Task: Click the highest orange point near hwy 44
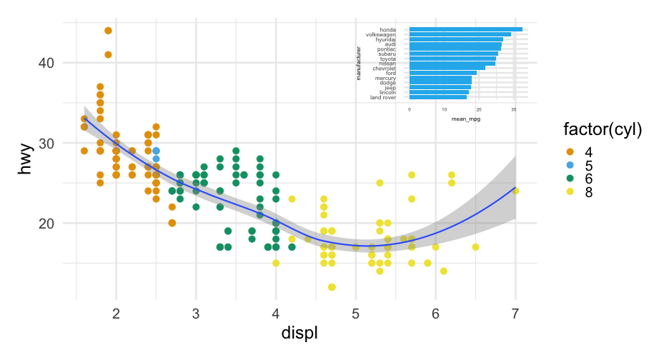click(108, 31)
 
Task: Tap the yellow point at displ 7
click(515, 191)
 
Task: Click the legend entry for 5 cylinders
click(570, 165)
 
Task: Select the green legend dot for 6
click(570, 179)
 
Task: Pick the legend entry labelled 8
click(570, 192)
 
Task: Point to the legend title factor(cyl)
click(602, 130)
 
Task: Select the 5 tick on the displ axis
click(355, 314)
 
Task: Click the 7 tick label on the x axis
click(515, 314)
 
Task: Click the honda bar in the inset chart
click(465, 29)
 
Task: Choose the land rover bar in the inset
click(437, 97)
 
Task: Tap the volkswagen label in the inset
click(380, 34)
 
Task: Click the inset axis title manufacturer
click(359, 63)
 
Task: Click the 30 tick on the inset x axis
click(514, 109)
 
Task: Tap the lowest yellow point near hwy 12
click(332, 287)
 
